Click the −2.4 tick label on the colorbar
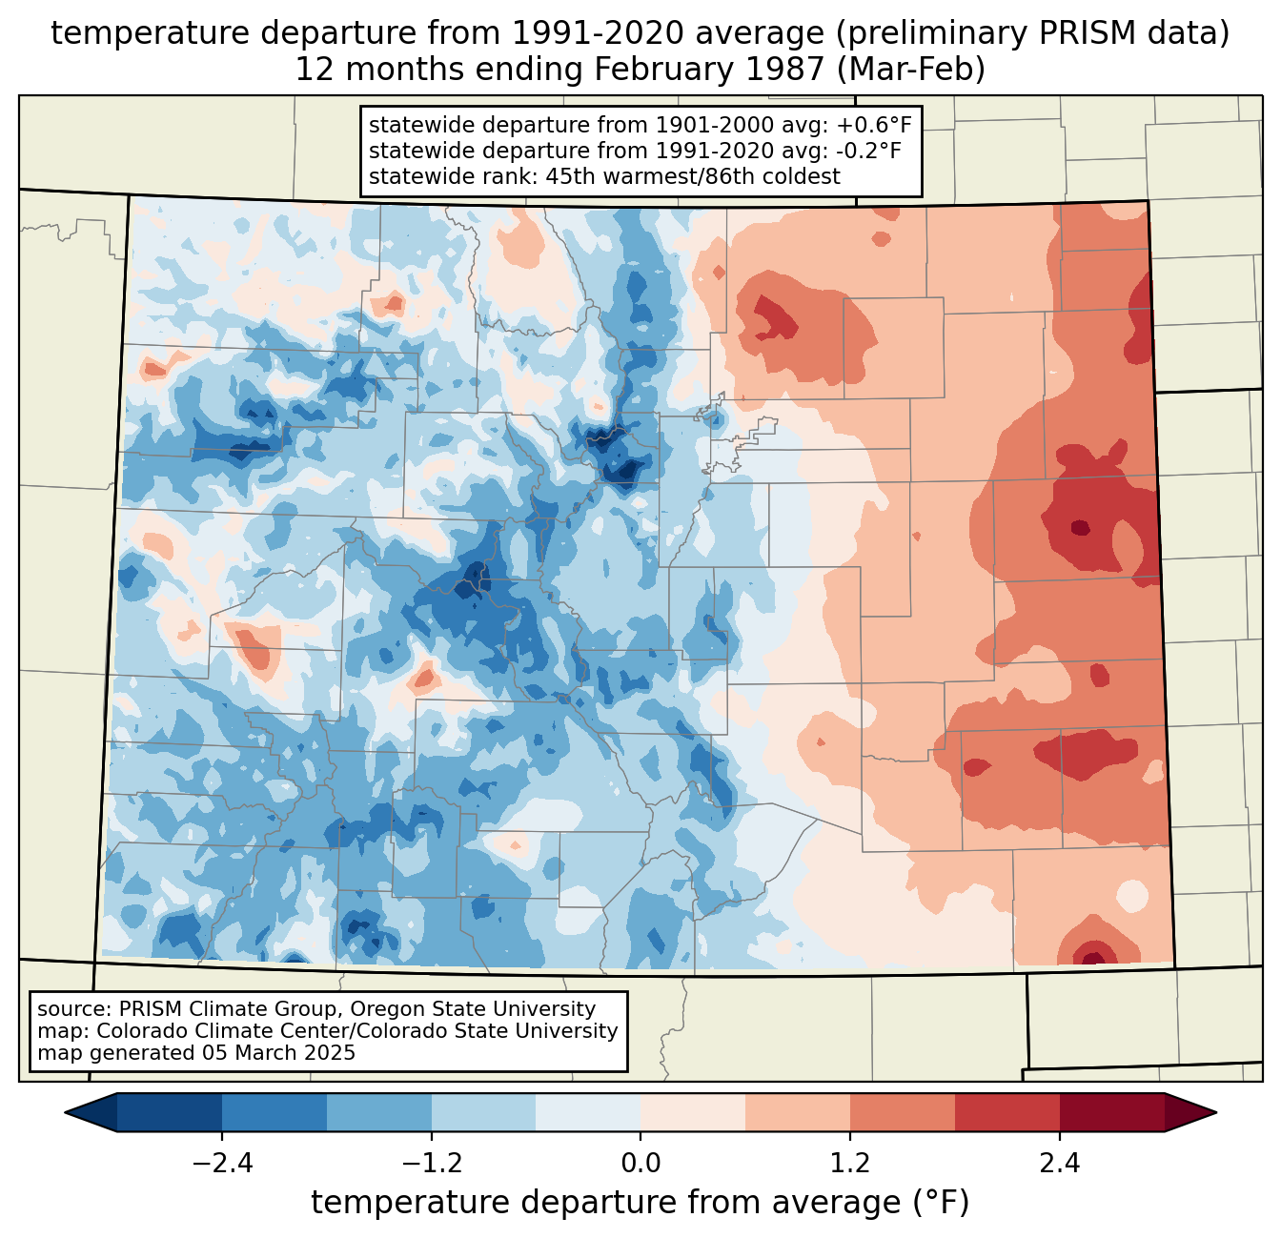221,1164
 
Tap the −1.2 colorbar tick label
431,1164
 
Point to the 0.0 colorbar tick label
640,1164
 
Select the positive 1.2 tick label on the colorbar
850,1164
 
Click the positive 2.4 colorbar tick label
1060,1164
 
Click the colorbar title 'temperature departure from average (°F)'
640,1203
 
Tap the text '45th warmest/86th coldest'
693,176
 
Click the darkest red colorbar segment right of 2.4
1111,1112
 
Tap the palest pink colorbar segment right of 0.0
693,1112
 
